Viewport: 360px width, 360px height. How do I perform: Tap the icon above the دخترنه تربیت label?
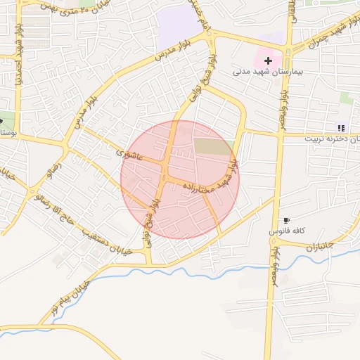point(341,128)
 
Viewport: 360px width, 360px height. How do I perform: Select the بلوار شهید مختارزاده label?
point(211,181)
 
